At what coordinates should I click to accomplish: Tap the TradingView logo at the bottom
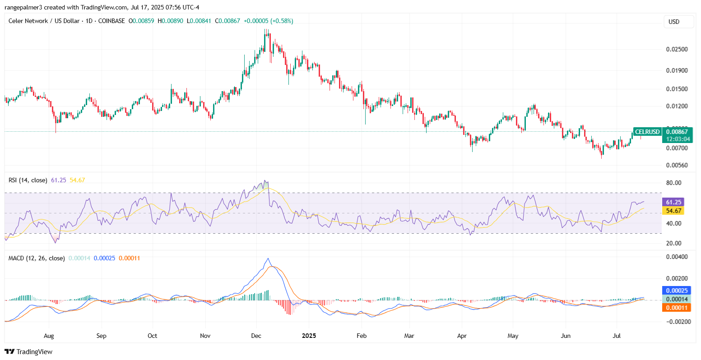(28, 351)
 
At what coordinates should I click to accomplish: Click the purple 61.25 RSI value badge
(672, 202)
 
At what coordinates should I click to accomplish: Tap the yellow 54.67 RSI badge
(672, 211)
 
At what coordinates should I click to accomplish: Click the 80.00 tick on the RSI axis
(673, 183)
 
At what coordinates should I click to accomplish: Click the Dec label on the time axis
(257, 336)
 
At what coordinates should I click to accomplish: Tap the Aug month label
(49, 336)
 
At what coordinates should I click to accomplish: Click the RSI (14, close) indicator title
(28, 180)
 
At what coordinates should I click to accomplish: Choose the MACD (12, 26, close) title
(37, 258)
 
